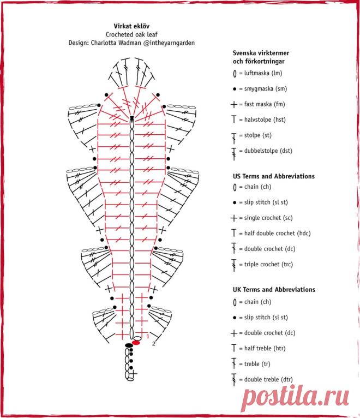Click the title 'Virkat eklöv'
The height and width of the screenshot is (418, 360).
coord(131,26)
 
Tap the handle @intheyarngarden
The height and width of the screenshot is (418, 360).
coord(169,43)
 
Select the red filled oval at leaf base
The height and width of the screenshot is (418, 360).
coord(136,343)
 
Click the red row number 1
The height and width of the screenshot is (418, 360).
coord(148,337)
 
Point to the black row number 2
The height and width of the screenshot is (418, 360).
coord(153,344)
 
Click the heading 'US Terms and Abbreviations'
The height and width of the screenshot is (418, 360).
coord(274,176)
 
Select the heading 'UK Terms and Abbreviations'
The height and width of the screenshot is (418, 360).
coord(274,290)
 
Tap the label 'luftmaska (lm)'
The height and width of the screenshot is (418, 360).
coord(263,73)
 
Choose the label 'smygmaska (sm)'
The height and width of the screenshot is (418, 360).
coord(266,88)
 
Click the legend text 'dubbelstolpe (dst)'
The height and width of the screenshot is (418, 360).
coord(268,151)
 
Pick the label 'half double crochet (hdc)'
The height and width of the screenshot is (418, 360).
coord(278,233)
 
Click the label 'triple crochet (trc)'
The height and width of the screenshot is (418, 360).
coord(268,265)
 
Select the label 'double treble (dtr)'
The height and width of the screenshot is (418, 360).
coord(268,379)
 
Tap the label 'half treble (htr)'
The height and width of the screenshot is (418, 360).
coord(265,348)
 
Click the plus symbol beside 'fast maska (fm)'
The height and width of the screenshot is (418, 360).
coord(233,104)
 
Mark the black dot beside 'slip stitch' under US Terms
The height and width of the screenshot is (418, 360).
coord(235,202)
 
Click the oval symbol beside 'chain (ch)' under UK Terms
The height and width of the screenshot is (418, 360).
coord(235,302)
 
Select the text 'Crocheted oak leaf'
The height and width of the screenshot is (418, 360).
coord(131,34)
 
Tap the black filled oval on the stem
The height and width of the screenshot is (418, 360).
coord(129,345)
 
